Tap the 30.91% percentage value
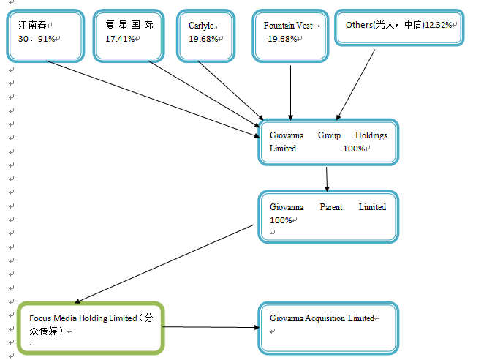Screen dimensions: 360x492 [37, 39]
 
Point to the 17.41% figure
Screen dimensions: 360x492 [120, 39]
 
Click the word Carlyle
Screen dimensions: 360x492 [201, 25]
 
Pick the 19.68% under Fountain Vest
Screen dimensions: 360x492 [281, 39]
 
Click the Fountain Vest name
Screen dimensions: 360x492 [287, 25]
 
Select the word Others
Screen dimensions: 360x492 [358, 25]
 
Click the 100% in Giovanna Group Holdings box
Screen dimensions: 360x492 [354, 149]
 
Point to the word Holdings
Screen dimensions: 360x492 [371, 135]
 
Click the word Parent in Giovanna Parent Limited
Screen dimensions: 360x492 [331, 207]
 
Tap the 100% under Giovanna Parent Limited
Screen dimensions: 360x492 [281, 220]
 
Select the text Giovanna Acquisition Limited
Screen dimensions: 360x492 [322, 318]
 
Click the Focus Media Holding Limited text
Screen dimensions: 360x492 [83, 318]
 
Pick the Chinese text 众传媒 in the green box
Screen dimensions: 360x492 [47, 331]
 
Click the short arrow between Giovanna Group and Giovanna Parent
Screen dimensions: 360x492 [327, 178]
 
